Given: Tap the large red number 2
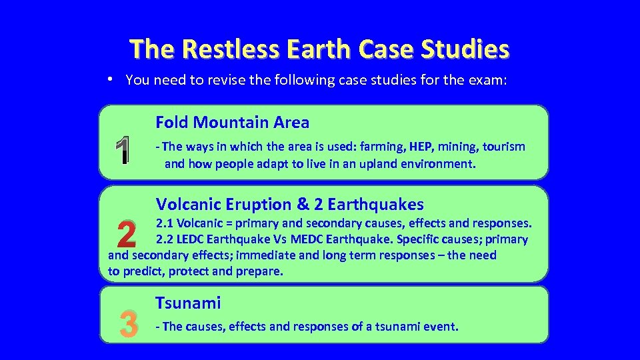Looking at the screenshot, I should (x=125, y=233).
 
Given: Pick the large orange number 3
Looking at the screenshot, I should (x=127, y=325).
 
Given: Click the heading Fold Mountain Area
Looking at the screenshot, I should (x=232, y=122).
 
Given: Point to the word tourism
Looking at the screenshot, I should (x=503, y=147).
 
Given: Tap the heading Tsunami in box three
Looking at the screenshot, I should (x=188, y=303).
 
